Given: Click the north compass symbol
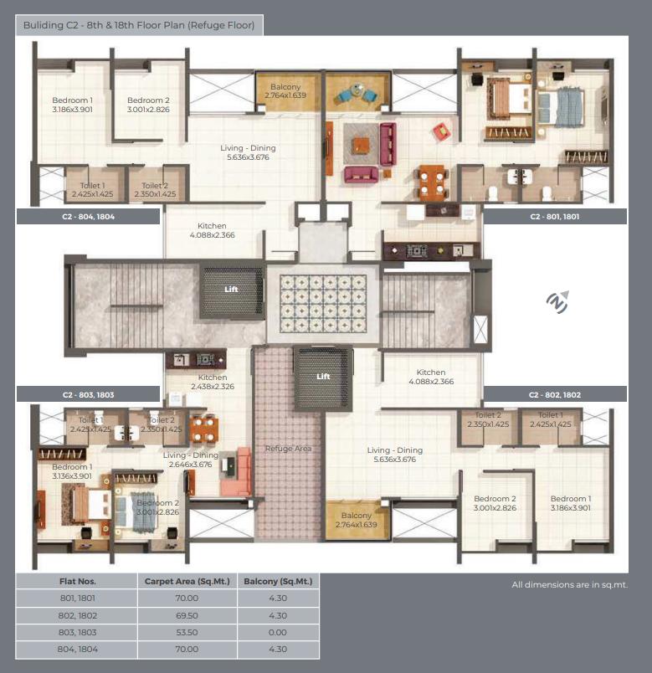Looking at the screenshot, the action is (557, 301).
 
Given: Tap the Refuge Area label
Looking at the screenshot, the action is (288, 449).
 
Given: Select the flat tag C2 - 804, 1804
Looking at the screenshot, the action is (89, 217).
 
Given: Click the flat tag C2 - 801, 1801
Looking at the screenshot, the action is (555, 217).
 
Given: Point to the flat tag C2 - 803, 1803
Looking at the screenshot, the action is (89, 395).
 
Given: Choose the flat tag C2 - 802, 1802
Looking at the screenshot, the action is (555, 395).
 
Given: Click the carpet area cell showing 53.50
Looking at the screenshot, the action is (187, 633).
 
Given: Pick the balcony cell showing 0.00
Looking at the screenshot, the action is (278, 633).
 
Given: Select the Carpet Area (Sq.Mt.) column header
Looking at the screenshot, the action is (187, 582).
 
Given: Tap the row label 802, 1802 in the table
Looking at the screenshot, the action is (78, 616).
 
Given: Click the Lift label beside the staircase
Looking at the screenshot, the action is (231, 290).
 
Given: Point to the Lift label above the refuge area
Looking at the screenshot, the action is (323, 377).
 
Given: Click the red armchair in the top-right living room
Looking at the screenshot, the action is (442, 131).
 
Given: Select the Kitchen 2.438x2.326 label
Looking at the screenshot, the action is (213, 382).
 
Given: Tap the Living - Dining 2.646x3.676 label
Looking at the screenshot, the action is (191, 460).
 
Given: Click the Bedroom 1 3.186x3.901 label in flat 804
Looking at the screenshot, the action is (73, 105).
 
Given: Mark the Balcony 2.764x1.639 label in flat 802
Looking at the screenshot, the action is (357, 520).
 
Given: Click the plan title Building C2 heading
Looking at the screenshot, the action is (139, 25).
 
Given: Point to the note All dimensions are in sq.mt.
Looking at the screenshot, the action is (570, 584).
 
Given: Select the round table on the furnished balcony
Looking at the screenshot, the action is (357, 90).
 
